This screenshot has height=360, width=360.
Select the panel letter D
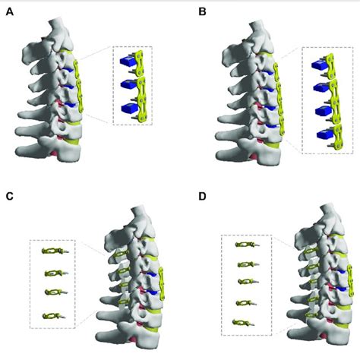201,197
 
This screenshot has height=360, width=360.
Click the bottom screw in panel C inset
53,314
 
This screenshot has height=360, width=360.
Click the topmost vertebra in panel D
315,216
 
